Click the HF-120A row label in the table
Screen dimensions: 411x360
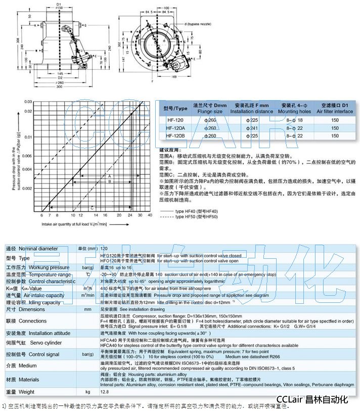click(x=176, y=128)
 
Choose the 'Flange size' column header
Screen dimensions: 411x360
click(x=208, y=111)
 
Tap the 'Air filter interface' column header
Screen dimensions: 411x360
click(x=334, y=111)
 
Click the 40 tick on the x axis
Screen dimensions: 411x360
click(x=150, y=216)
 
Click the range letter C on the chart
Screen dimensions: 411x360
click(x=92, y=207)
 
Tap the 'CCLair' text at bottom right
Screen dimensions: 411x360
click(x=290, y=399)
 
